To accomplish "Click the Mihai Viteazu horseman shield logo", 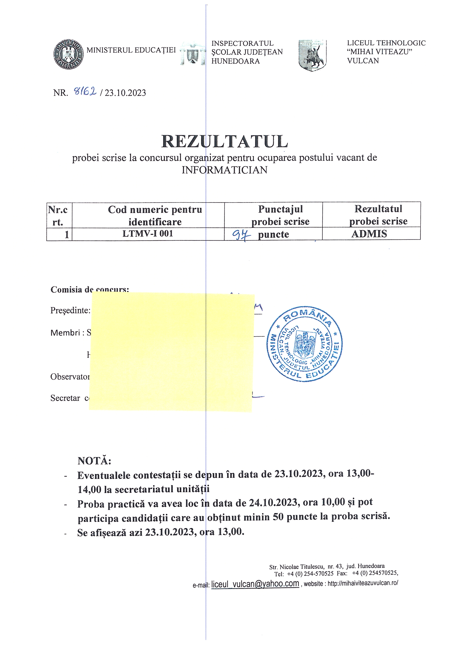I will [x=313, y=55].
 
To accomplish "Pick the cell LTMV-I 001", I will [x=148, y=234].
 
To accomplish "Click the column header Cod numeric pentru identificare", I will [x=155, y=215].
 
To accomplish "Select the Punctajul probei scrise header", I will [x=280, y=215].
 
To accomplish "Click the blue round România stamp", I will [x=305, y=344].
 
